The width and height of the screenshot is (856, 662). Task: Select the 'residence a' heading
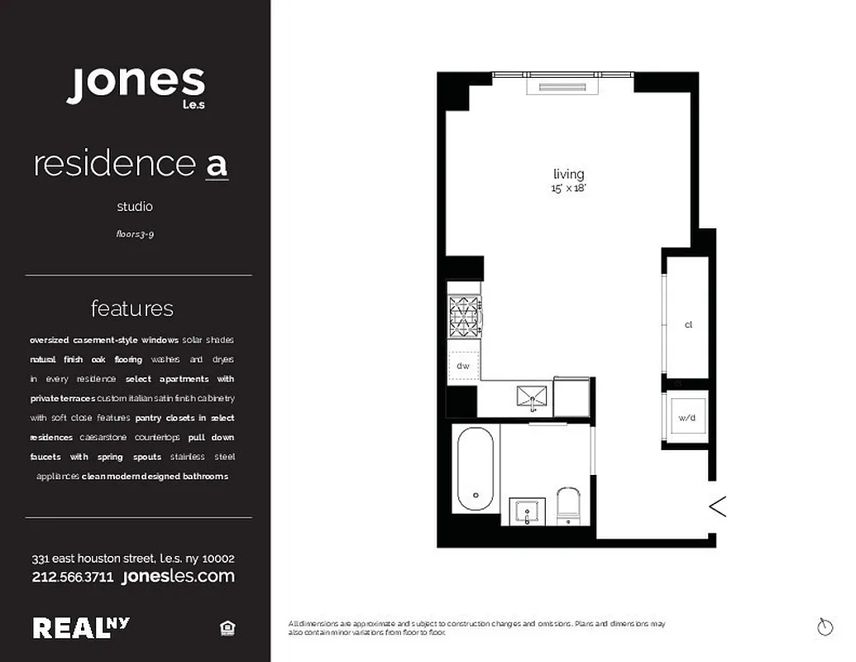[x=130, y=164]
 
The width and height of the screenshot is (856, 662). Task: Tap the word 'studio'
[x=134, y=207]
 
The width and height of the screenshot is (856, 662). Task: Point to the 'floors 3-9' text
[x=135, y=234]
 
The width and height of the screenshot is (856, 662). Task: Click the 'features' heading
[x=132, y=309]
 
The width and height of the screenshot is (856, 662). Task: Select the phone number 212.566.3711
[x=73, y=577]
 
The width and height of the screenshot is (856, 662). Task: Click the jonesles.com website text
[x=178, y=576]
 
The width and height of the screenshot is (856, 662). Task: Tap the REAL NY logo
[x=81, y=627]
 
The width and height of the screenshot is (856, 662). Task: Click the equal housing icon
[x=228, y=629]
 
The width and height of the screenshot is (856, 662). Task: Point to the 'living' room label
[x=568, y=175]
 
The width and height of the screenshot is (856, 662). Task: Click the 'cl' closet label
[x=687, y=325]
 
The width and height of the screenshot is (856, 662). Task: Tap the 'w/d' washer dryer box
[x=687, y=419]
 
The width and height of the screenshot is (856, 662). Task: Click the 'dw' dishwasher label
[x=462, y=365]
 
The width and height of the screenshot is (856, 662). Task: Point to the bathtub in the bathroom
[x=476, y=470]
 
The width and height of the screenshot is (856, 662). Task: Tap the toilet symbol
[x=568, y=504]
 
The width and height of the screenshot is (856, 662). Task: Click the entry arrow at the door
[x=717, y=506]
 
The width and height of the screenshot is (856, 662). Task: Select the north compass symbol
[x=825, y=627]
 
